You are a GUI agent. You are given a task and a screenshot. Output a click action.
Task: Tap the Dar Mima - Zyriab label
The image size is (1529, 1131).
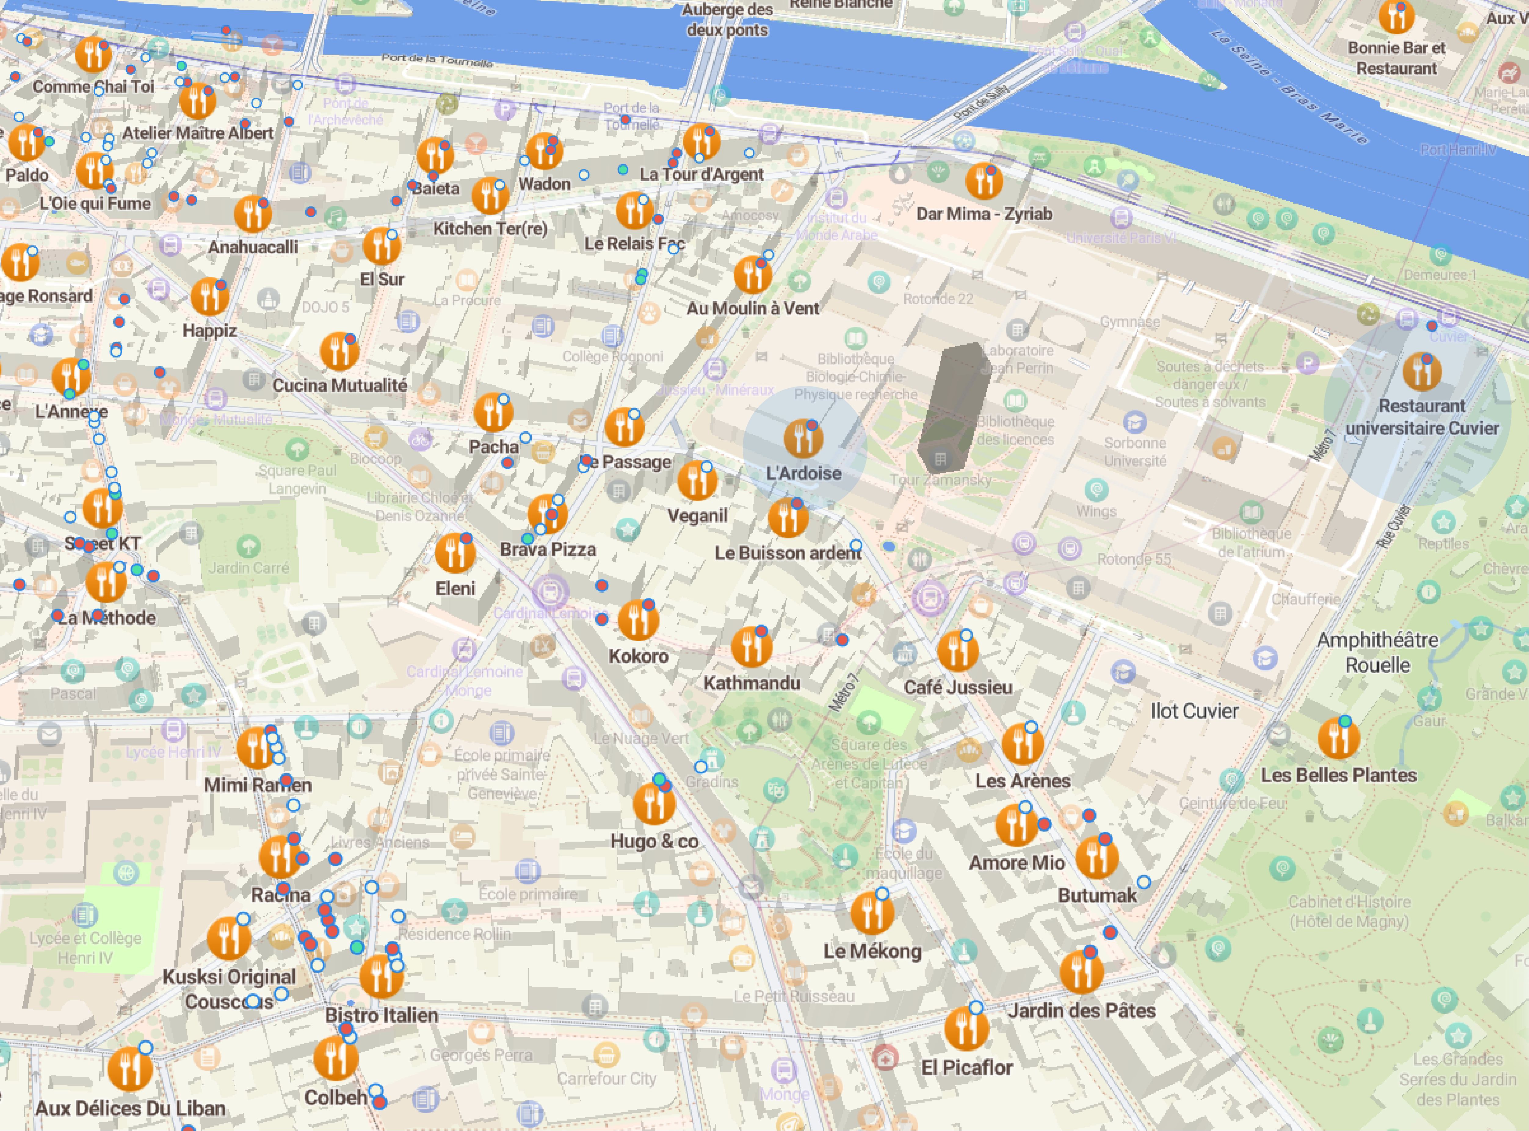click(984, 214)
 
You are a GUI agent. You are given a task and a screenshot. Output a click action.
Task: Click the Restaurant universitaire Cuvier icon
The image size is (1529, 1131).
click(1422, 372)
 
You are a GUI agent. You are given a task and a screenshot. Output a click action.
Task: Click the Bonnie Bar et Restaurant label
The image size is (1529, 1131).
click(1396, 58)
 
